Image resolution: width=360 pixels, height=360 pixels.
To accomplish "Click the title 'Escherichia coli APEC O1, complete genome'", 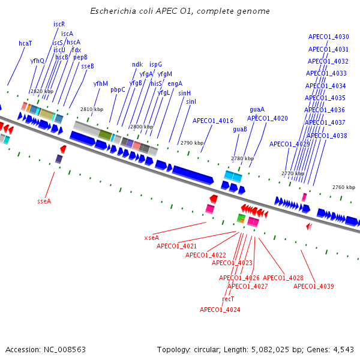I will click(180, 11).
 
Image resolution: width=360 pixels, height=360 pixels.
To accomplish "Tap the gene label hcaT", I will click(25, 44).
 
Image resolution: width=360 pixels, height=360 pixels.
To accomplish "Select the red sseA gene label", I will click(44, 202).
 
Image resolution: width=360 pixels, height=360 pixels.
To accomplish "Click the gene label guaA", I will click(257, 110).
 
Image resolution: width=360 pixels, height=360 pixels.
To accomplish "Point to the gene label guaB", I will click(240, 130).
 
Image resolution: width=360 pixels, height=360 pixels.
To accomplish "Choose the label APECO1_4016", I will click(212, 121).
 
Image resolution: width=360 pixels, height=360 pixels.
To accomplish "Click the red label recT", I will click(228, 299).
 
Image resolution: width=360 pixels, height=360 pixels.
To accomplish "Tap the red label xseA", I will click(151, 238).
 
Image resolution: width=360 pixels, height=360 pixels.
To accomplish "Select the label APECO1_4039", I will click(313, 287).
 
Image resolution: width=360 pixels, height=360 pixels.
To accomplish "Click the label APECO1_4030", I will click(328, 37).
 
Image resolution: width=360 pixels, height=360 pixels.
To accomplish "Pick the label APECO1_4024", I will click(220, 310).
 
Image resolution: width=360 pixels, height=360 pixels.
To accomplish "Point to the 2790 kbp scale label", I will click(191, 143).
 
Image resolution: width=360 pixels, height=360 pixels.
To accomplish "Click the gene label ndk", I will click(137, 64).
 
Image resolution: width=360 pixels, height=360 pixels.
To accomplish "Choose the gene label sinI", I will click(191, 102).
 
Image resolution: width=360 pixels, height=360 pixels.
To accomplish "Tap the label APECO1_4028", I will click(283, 278).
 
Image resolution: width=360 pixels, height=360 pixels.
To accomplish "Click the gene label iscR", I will click(59, 25).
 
